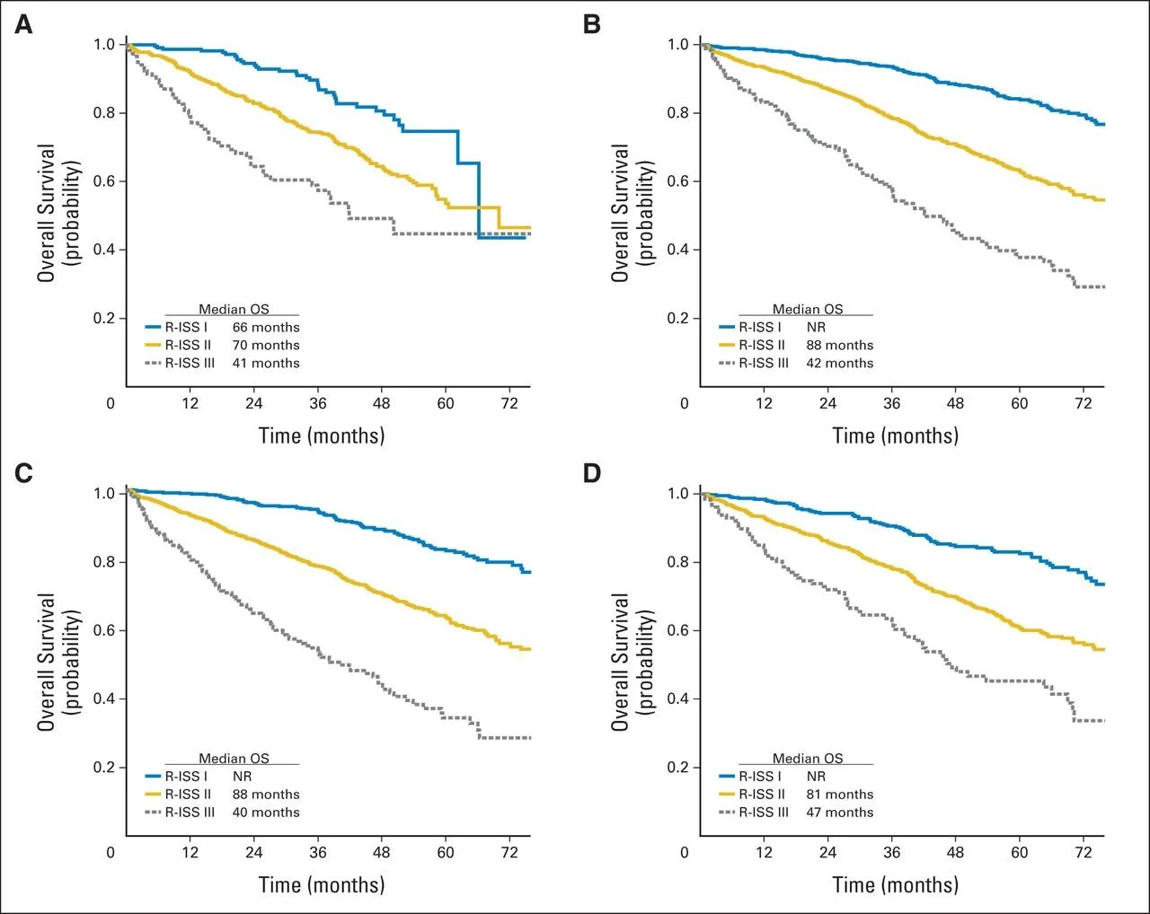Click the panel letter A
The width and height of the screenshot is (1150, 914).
click(23, 24)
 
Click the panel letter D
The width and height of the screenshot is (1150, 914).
click(591, 473)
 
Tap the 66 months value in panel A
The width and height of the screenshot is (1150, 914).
click(266, 328)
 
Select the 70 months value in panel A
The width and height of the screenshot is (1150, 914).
click(266, 346)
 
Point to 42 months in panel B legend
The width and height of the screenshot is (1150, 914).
click(839, 364)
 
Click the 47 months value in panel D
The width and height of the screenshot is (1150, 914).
click(839, 813)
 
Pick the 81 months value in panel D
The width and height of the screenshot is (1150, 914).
click(839, 795)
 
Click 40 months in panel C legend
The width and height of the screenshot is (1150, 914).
click(266, 813)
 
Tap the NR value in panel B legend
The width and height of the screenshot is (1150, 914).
click(816, 328)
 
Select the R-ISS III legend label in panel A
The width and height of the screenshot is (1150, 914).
click(190, 364)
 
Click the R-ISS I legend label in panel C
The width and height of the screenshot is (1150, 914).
click(186, 777)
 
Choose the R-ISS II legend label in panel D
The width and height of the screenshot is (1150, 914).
click(762, 795)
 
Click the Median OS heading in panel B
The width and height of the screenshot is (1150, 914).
click(808, 310)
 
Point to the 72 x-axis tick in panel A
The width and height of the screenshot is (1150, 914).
click(509, 403)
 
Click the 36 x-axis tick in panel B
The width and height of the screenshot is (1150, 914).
click(891, 403)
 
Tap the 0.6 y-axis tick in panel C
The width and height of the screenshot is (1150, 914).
click(105, 630)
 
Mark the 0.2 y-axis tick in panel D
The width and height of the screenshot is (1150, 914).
click(678, 768)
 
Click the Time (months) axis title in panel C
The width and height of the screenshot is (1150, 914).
click(322, 884)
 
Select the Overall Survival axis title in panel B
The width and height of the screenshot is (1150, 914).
click(620, 213)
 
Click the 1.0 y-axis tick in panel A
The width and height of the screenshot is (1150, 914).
click(105, 45)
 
